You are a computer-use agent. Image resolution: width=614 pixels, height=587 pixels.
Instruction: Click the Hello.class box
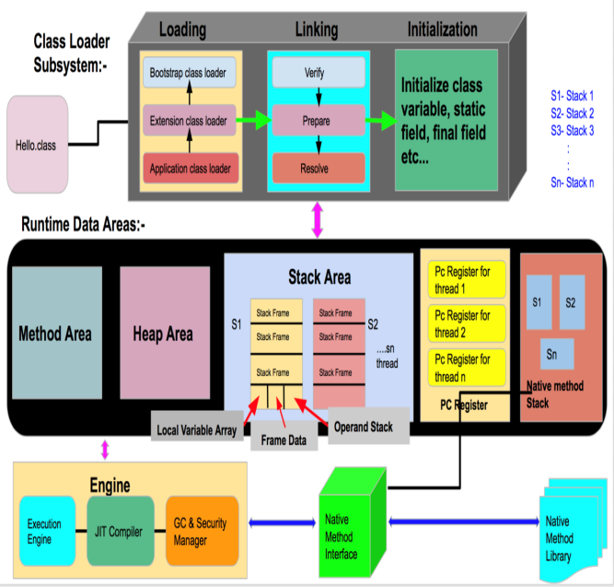click(x=38, y=145)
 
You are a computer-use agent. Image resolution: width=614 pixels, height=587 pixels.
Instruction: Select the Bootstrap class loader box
click(x=189, y=71)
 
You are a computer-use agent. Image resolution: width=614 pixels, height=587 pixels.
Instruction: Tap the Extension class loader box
click(x=189, y=119)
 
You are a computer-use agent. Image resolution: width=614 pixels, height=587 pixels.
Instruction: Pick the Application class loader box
click(x=189, y=168)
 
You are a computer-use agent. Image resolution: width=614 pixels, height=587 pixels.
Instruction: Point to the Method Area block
click(x=56, y=333)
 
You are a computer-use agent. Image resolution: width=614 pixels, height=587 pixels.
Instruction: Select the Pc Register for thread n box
click(x=465, y=369)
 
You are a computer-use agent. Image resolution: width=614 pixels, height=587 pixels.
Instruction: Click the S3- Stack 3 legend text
click(x=572, y=130)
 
